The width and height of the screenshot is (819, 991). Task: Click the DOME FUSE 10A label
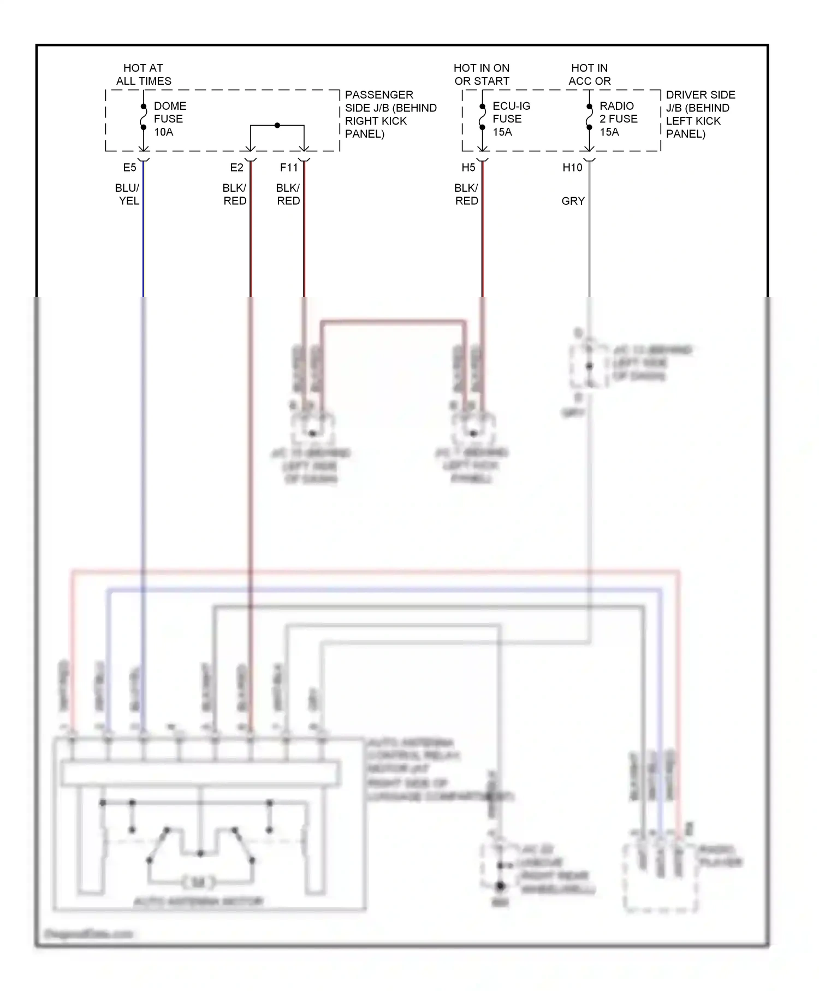(169, 119)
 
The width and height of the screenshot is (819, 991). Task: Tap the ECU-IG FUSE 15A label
(511, 119)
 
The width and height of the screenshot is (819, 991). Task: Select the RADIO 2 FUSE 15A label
(618, 119)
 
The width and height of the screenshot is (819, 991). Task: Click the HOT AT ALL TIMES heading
(143, 75)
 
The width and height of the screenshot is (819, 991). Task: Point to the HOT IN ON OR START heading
(481, 75)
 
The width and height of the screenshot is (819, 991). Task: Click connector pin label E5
(129, 168)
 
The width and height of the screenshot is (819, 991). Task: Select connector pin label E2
(236, 168)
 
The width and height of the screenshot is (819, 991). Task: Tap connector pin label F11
(289, 168)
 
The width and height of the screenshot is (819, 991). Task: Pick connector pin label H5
(468, 168)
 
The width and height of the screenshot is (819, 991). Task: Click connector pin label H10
(572, 168)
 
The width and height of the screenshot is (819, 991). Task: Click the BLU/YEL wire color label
(128, 194)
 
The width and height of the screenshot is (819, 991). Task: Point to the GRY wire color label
(573, 201)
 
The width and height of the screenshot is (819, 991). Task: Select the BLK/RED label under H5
(466, 194)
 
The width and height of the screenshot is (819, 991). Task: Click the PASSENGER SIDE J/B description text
(390, 114)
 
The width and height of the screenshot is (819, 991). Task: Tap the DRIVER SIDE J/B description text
(700, 114)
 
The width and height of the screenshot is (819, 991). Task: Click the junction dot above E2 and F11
(277, 125)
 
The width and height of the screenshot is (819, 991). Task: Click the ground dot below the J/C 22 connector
(500, 886)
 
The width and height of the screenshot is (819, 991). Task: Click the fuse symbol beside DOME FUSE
(144, 117)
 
